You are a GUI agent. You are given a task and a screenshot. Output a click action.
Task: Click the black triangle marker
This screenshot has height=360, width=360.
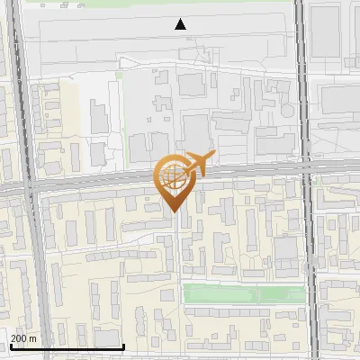pyautogui.click(x=180, y=24)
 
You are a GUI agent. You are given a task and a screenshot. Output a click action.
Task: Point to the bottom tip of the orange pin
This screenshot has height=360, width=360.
pyautogui.click(x=173, y=211)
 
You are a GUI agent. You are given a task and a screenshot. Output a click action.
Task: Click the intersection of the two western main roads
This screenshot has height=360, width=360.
pyautogui.click(x=30, y=186)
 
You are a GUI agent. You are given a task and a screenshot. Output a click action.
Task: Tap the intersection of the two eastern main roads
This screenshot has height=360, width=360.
pyautogui.click(x=307, y=169)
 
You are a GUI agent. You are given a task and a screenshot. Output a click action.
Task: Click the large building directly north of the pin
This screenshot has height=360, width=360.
pyautogui.click(x=195, y=126)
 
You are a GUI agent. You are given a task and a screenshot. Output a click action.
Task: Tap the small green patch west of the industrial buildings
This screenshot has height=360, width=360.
pyautogui.click(x=119, y=76)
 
